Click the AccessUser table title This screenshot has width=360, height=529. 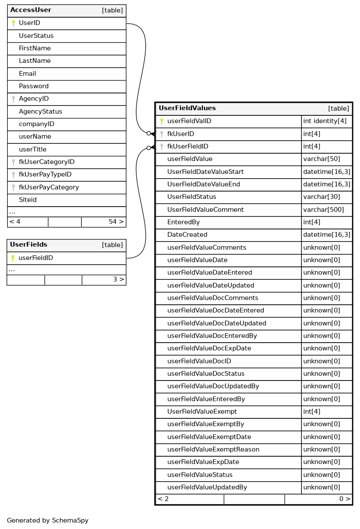click(x=31, y=10)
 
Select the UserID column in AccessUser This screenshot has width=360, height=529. click(x=29, y=23)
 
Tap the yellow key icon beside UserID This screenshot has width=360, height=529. click(x=13, y=23)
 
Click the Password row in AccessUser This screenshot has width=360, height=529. click(x=34, y=86)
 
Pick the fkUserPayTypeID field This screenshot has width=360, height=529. click(x=45, y=175)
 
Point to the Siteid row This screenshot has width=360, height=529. click(x=28, y=200)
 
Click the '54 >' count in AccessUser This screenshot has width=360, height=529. click(x=116, y=222)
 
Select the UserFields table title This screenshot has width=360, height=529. click(x=28, y=245)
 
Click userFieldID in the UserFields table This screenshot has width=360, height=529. click(x=36, y=258)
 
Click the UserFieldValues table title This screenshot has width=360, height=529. click(x=187, y=108)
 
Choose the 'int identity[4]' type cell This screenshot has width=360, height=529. click(x=325, y=121)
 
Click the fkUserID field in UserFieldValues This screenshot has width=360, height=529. click(x=181, y=134)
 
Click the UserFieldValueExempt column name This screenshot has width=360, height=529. click(x=202, y=411)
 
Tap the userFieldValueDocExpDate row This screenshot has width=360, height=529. click(x=209, y=349)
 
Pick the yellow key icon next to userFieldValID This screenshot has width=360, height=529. click(x=162, y=121)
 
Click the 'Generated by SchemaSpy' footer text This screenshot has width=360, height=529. click(x=48, y=520)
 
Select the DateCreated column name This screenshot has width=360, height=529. click(x=187, y=235)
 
